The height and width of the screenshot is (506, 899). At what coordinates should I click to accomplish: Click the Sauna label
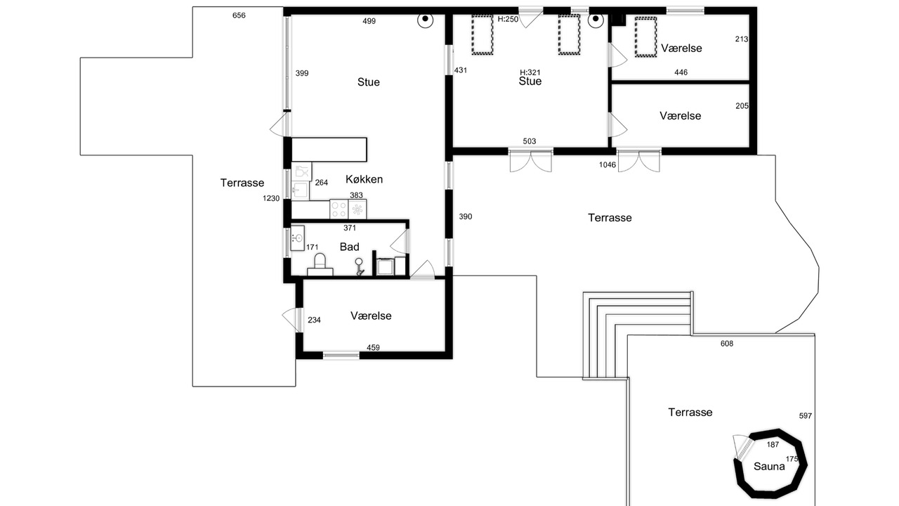(x=769, y=466)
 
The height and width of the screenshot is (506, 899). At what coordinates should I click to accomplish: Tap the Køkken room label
(x=364, y=179)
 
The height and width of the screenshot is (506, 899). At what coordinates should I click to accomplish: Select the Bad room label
(x=349, y=247)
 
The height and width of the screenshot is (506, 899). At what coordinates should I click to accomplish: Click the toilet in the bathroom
(x=320, y=265)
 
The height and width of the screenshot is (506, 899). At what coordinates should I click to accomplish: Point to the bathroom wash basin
(x=297, y=238)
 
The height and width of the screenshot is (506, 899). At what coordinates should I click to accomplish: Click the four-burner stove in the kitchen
(x=339, y=209)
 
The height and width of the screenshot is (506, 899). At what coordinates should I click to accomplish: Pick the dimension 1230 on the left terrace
(x=271, y=198)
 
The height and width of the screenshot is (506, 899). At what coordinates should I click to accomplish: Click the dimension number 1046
(x=608, y=164)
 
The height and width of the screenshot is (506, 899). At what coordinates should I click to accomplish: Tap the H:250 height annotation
(x=508, y=19)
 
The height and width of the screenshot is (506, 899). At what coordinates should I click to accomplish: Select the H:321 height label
(x=530, y=72)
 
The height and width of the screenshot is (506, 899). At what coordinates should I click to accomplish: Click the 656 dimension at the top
(x=239, y=15)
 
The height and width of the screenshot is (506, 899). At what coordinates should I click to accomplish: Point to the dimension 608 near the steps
(x=727, y=344)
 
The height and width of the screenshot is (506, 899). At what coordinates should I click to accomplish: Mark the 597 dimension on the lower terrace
(x=806, y=415)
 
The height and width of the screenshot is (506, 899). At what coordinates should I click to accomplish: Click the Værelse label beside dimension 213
(x=681, y=48)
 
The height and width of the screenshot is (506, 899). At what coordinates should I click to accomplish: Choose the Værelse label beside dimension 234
(x=371, y=316)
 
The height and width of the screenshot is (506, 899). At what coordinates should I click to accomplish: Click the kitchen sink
(x=300, y=190)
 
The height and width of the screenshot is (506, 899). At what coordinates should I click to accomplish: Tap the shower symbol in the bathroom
(x=359, y=266)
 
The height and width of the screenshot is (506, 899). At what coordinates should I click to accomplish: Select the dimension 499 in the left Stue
(x=369, y=21)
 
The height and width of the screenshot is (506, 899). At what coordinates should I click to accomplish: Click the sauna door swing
(x=740, y=445)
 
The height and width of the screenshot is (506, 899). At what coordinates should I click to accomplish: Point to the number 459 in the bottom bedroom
(x=373, y=347)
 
